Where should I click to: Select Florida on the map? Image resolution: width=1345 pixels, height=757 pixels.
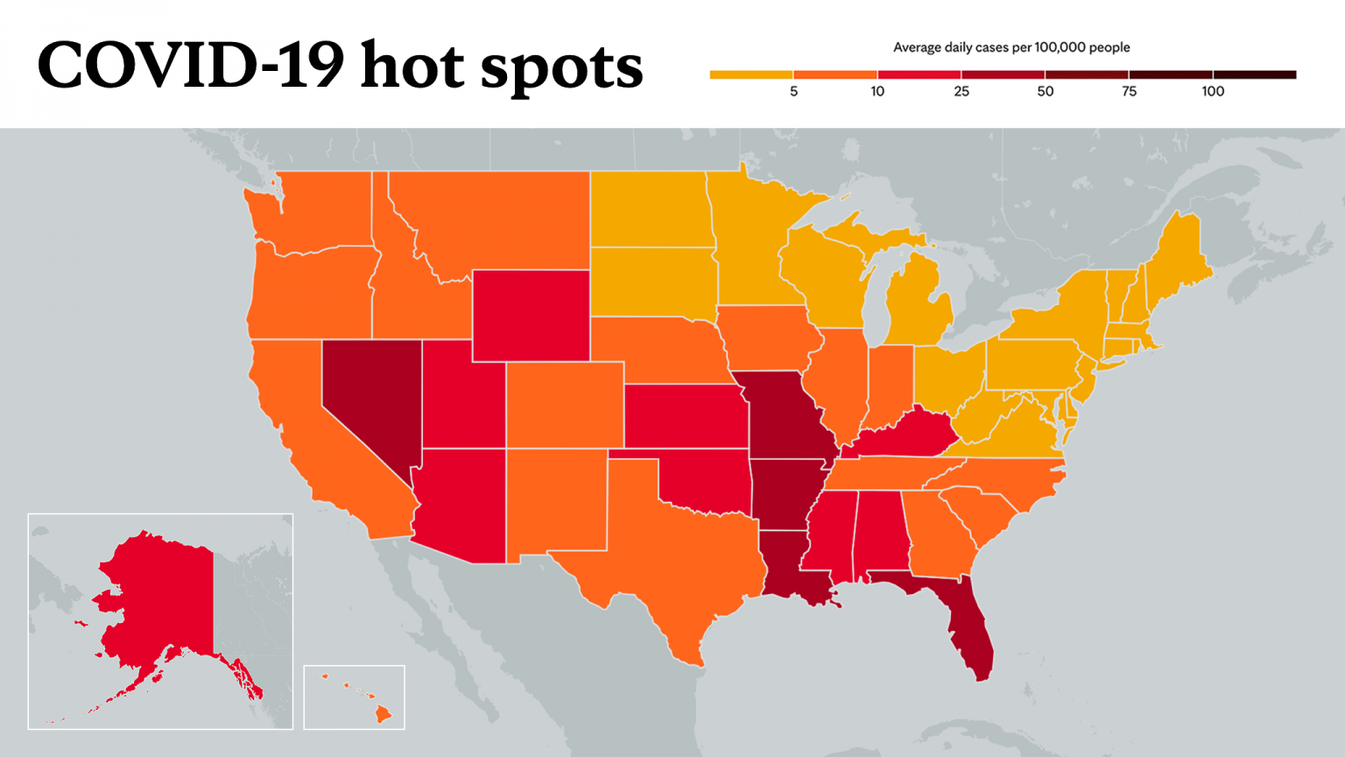pyautogui.click(x=961, y=619)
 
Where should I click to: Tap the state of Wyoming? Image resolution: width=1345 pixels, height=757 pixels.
pyautogui.click(x=531, y=316)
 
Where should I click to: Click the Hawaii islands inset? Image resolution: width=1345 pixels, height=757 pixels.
pyautogui.click(x=355, y=697)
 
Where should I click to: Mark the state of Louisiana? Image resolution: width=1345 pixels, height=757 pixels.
pyautogui.click(x=792, y=570)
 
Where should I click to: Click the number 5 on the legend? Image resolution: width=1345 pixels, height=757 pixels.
pyautogui.click(x=794, y=91)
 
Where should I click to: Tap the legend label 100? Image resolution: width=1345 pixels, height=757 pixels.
pyautogui.click(x=1213, y=91)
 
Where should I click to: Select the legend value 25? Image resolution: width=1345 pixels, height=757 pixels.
pyautogui.click(x=961, y=91)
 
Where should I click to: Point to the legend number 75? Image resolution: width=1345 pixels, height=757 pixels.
pyautogui.click(x=1130, y=91)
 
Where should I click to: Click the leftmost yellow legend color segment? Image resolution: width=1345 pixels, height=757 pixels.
pyautogui.click(x=751, y=74)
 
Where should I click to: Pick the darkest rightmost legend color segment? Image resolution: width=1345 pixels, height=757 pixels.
pyautogui.click(x=1255, y=74)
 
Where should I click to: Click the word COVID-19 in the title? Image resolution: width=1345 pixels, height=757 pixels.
pyautogui.click(x=191, y=65)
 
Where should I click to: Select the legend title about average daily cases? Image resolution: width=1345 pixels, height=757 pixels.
pyautogui.click(x=1011, y=47)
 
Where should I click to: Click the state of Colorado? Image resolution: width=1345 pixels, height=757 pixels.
pyautogui.click(x=565, y=405)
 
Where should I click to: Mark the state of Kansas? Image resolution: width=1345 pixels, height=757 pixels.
pyautogui.click(x=686, y=416)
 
